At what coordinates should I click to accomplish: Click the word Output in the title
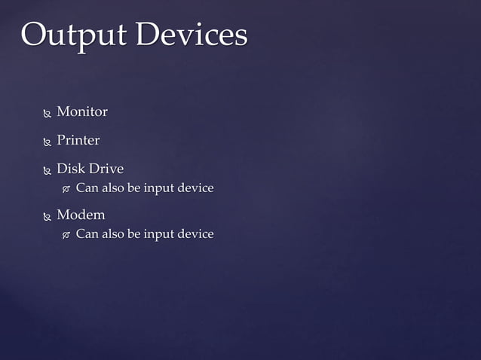(x=72, y=35)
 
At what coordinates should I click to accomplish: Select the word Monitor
(x=82, y=111)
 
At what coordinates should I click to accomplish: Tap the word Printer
(x=78, y=140)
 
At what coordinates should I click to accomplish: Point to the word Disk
(x=72, y=168)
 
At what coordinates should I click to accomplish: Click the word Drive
(x=106, y=168)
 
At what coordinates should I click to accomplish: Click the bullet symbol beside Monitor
(x=47, y=113)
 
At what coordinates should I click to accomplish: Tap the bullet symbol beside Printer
(x=47, y=142)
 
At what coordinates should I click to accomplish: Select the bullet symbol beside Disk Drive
(x=47, y=169)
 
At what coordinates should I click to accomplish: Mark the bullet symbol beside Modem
(x=47, y=216)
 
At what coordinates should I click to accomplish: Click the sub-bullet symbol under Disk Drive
(x=66, y=188)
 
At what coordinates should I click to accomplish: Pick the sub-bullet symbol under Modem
(x=66, y=235)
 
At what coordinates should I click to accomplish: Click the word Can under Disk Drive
(x=87, y=188)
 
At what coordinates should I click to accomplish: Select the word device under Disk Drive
(x=196, y=188)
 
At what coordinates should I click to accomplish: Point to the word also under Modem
(x=113, y=234)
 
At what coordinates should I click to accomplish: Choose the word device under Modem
(x=196, y=234)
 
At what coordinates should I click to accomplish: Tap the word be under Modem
(x=135, y=234)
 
